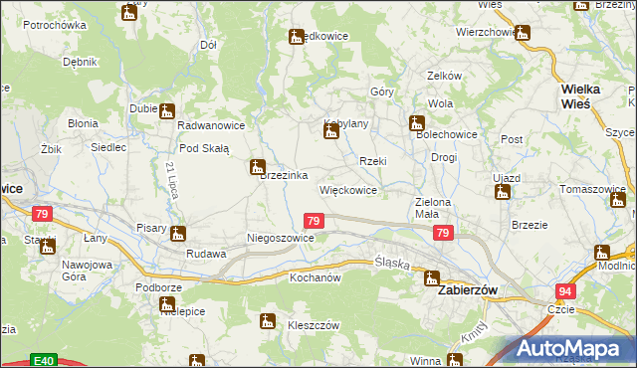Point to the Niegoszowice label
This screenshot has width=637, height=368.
pos(281,239)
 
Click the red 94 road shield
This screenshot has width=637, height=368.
pos(565,291)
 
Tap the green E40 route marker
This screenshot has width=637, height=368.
pos(42,359)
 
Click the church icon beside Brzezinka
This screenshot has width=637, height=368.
pos(258,167)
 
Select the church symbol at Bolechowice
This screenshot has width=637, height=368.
pos(417,124)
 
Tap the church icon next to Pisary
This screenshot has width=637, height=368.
pos(178,235)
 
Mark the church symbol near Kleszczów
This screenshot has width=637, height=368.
pos(267,320)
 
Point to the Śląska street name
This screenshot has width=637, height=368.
pos(391,263)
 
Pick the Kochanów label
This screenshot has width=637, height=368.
pos(316,277)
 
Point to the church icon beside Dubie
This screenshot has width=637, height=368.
pos(166,111)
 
